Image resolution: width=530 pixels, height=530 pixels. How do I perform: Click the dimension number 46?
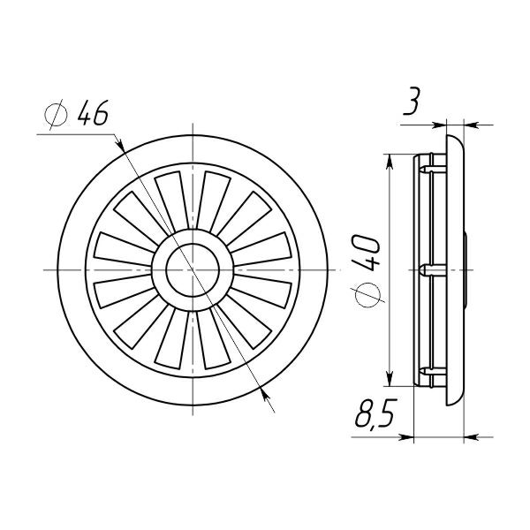point(93,112)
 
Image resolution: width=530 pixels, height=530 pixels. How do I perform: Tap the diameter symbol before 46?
point(57,114)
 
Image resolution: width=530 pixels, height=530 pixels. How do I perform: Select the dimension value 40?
point(366,254)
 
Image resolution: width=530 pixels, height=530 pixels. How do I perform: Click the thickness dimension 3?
point(412,102)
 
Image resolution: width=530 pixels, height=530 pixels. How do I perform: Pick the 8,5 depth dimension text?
point(375,414)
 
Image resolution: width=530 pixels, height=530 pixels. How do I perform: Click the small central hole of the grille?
point(193,270)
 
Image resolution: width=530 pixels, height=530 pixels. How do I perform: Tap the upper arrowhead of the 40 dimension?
point(390,162)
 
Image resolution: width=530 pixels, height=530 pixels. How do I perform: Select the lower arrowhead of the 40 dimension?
point(390,379)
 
